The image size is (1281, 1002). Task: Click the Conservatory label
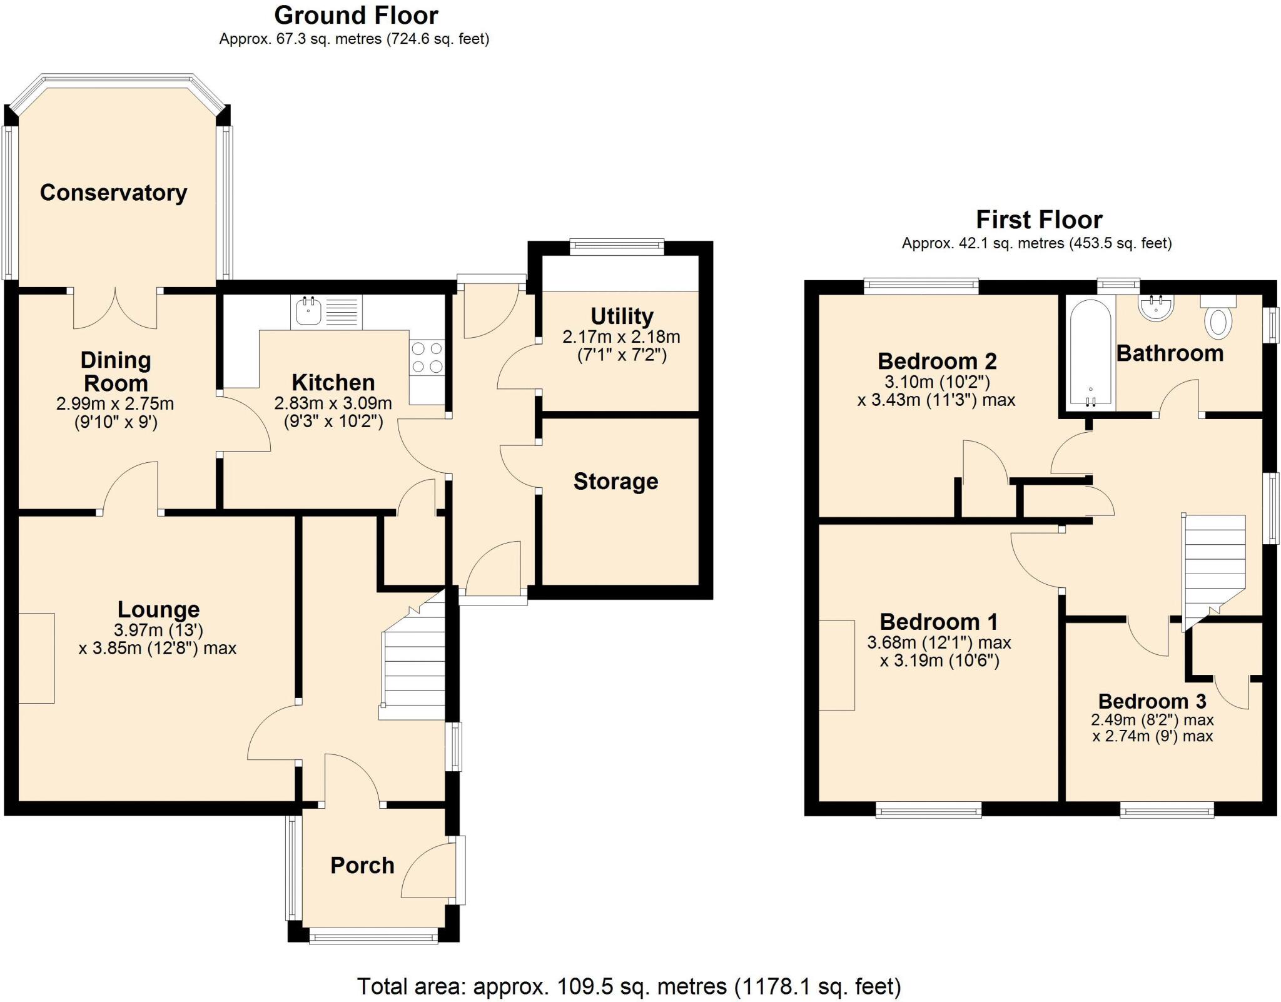(113, 193)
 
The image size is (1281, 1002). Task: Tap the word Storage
(615, 482)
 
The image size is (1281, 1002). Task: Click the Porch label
(362, 866)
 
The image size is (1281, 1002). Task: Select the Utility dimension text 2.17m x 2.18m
(621, 337)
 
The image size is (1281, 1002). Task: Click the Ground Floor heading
(356, 15)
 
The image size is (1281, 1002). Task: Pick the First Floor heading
(1039, 220)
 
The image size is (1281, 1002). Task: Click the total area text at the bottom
(629, 986)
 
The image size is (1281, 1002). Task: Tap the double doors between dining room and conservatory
(115, 308)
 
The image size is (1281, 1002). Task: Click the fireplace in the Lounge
(36, 658)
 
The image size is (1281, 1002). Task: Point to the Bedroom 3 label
(1152, 701)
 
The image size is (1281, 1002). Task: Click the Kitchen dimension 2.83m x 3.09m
(333, 403)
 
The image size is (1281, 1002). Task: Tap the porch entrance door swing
(428, 873)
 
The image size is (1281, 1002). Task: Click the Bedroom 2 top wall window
(921, 286)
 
